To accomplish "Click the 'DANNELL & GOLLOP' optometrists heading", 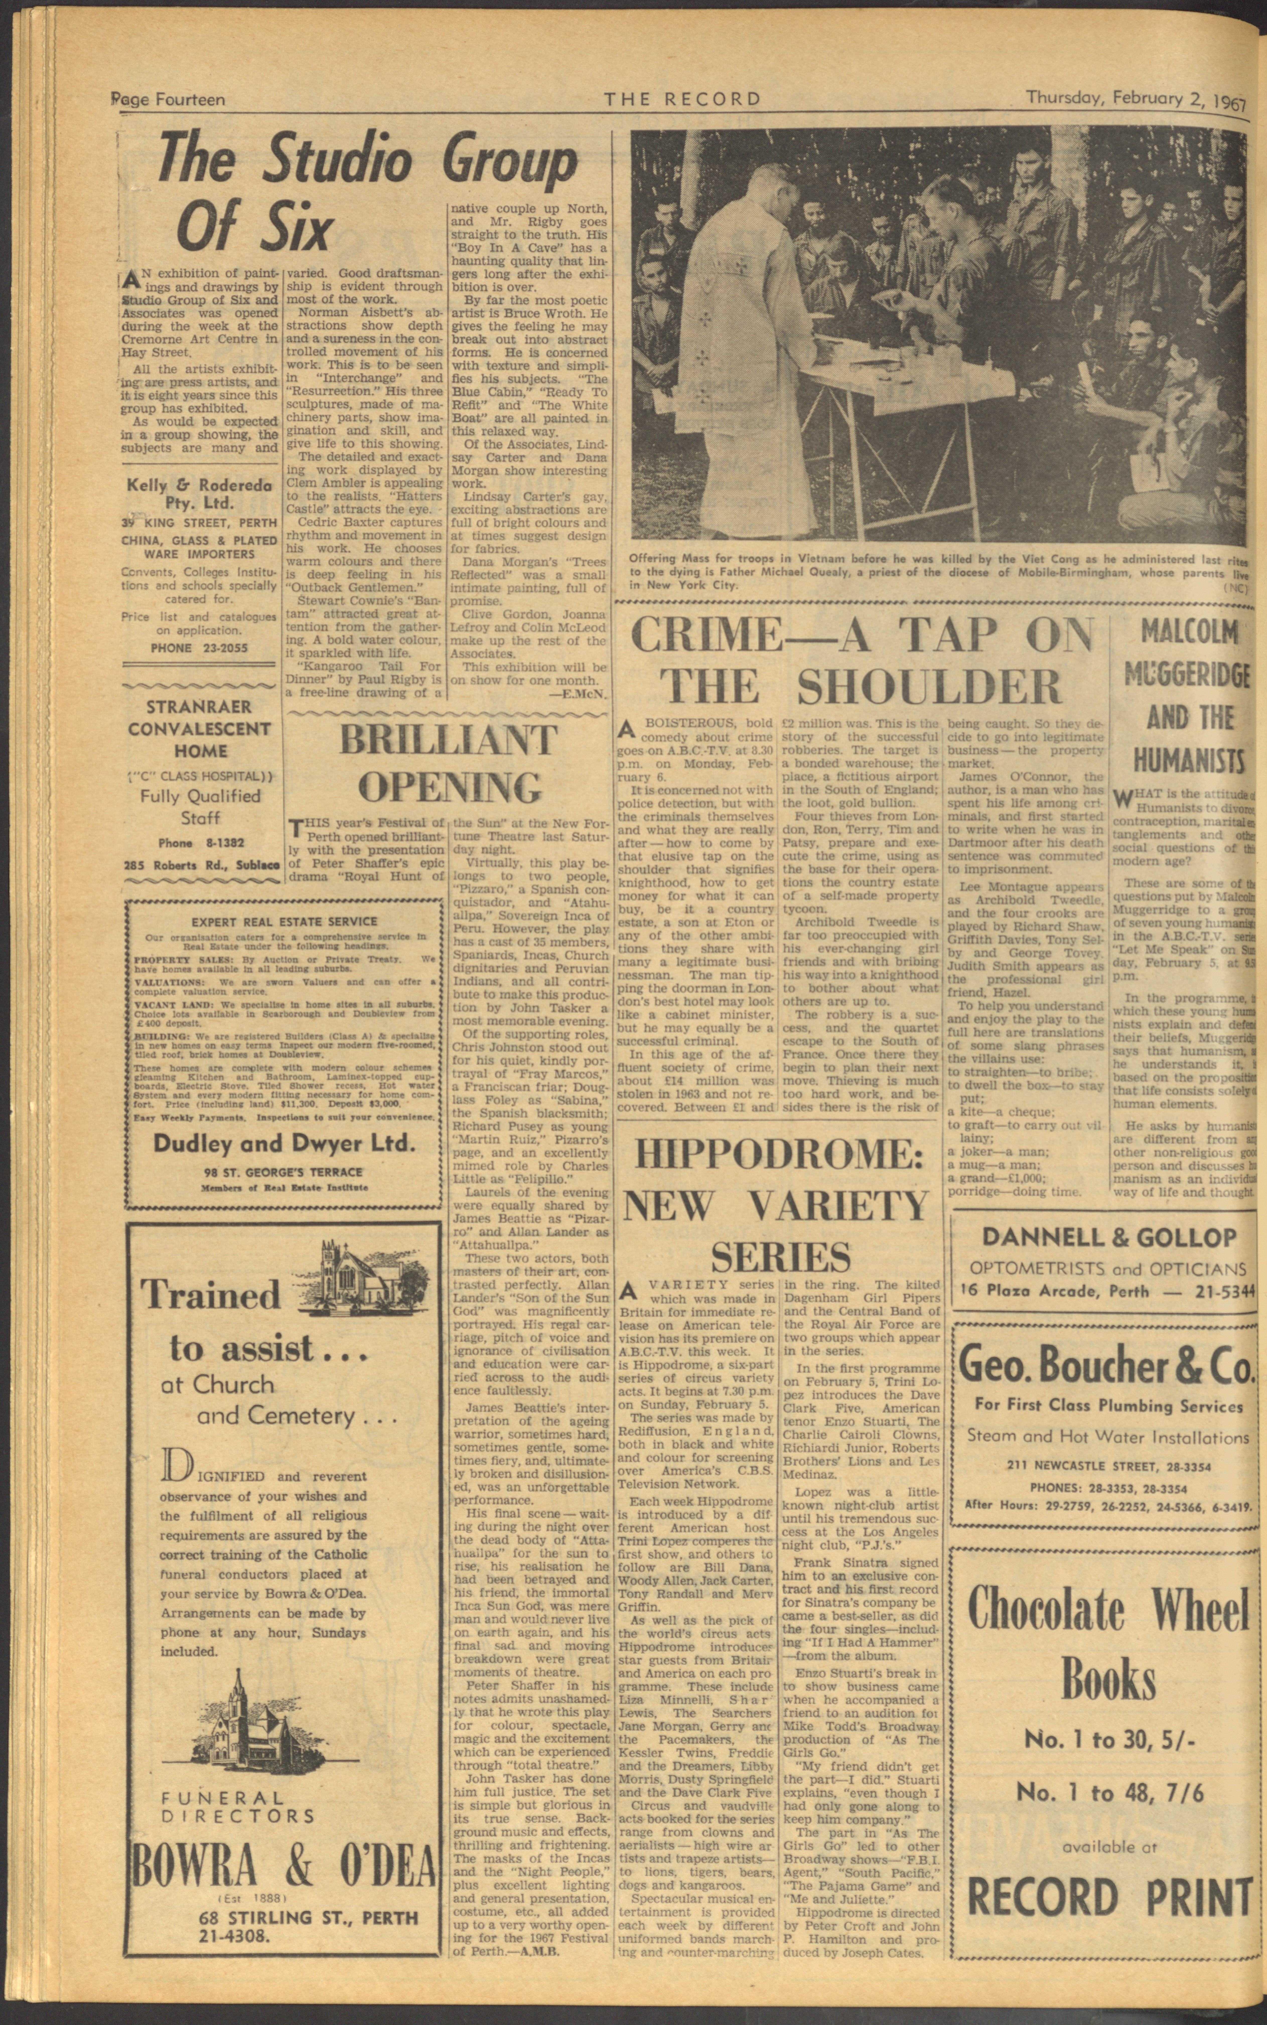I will click(x=1109, y=1237).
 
